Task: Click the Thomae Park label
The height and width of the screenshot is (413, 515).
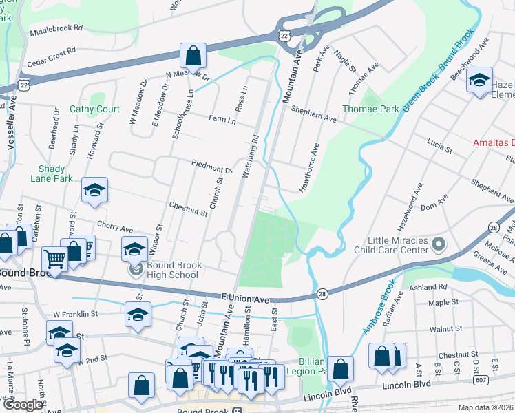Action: click(x=371, y=109)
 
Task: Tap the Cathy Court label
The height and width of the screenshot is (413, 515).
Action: click(x=94, y=109)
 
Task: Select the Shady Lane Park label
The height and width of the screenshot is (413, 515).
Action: click(x=52, y=173)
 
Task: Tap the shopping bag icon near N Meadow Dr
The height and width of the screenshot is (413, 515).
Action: click(x=194, y=56)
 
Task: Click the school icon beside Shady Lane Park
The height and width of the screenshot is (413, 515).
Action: click(x=95, y=191)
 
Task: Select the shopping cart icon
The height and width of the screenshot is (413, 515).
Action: click(x=55, y=259)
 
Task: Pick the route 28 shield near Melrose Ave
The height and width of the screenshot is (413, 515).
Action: click(x=494, y=227)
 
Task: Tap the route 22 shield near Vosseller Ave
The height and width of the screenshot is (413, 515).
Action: click(x=25, y=84)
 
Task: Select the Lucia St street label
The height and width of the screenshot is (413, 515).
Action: click(x=439, y=148)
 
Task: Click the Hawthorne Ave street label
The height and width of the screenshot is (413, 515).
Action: click(x=308, y=167)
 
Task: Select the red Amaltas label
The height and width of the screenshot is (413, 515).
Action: click(x=493, y=142)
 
